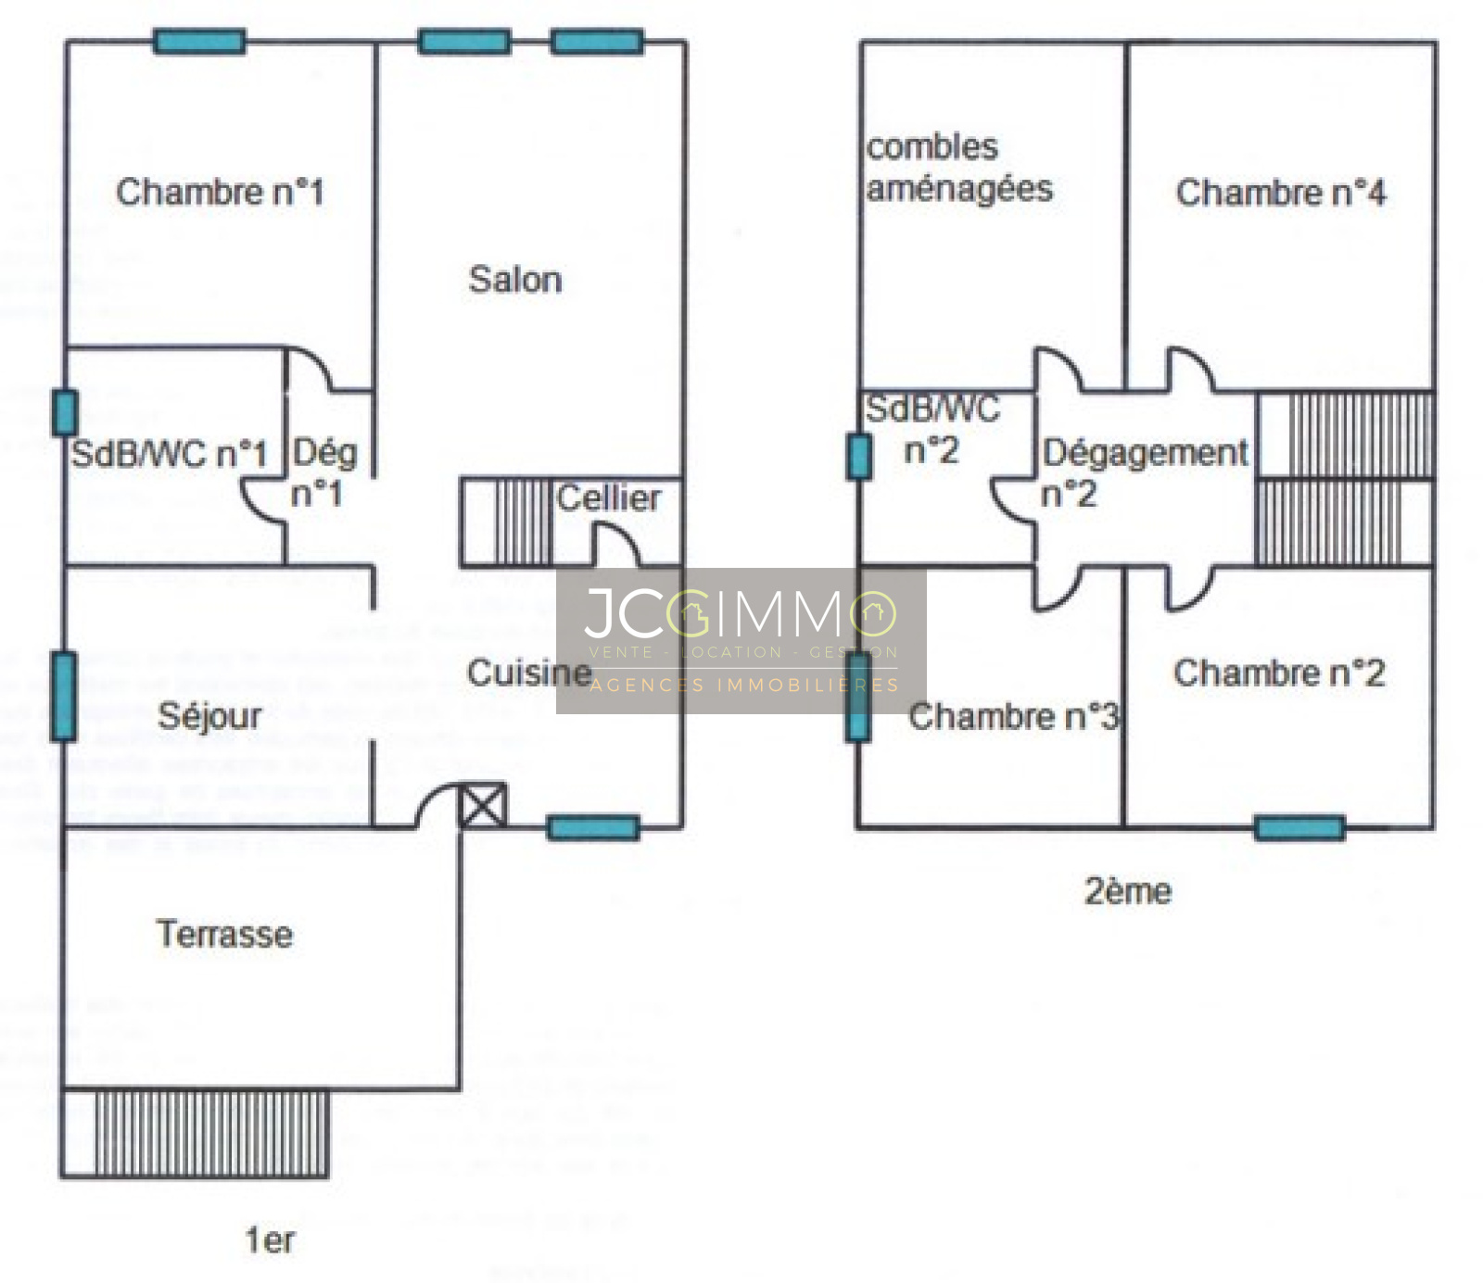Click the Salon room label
(515, 279)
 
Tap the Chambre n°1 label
(220, 192)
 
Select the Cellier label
(609, 498)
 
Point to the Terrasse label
(224, 934)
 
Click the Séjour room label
(209, 715)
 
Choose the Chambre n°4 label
(1281, 193)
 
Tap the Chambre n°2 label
(1279, 673)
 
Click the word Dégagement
(1146, 453)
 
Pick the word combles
(932, 147)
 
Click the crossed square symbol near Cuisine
(483, 805)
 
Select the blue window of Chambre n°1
(199, 42)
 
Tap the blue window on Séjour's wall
(64, 697)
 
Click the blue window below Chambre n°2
(1299, 827)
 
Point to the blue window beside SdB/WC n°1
(64, 412)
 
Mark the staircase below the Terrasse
(211, 1133)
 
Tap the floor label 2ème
(1128, 891)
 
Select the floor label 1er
(270, 1239)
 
